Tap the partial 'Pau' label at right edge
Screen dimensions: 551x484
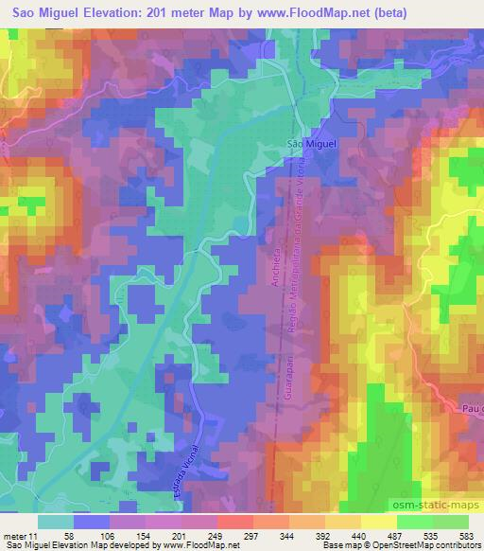[472, 407]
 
